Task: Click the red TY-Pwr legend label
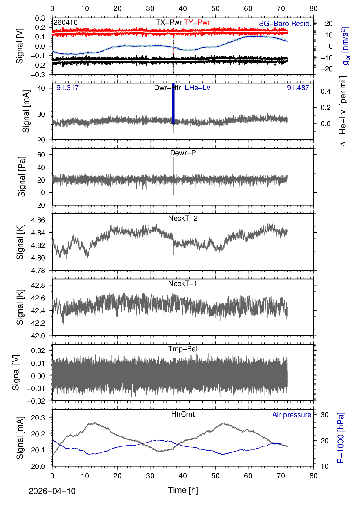(x=197, y=22)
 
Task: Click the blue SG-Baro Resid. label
(x=285, y=23)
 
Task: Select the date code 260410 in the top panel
(x=66, y=22)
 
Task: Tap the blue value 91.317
(x=67, y=87)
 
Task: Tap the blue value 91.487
(x=298, y=87)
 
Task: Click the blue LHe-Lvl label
(x=198, y=87)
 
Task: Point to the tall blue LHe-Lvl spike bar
(x=173, y=103)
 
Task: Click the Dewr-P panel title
(x=183, y=153)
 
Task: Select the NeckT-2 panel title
(x=183, y=218)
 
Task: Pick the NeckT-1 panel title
(x=183, y=283)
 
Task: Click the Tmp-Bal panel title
(x=183, y=349)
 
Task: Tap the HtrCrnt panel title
(x=183, y=414)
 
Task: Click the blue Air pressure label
(x=292, y=415)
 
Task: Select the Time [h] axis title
(x=183, y=490)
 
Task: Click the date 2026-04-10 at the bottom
(x=52, y=491)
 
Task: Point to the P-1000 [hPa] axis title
(x=341, y=438)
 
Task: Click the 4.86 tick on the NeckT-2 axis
(x=38, y=220)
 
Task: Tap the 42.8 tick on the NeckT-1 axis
(x=38, y=285)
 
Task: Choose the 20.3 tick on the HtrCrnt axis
(x=38, y=418)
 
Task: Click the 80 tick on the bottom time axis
(x=313, y=475)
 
